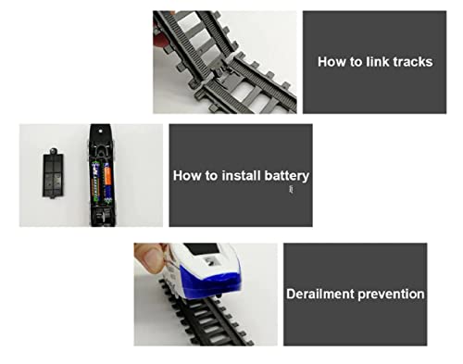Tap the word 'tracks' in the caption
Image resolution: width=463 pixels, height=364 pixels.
coord(413,62)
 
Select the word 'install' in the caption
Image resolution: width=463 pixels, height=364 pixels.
coord(241,175)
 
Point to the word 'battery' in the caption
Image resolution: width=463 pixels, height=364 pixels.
coord(287,176)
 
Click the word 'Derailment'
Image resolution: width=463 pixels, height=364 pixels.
coord(320,294)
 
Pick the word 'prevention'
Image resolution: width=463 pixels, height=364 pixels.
coord(391,295)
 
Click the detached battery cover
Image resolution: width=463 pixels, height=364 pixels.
coord(53,172)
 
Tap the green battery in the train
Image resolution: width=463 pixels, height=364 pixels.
coord(96,182)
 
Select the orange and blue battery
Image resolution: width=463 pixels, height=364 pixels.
coord(107,183)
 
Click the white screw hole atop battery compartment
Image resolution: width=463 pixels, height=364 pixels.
coord(100,131)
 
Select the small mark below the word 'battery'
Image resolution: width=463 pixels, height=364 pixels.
coord(291,190)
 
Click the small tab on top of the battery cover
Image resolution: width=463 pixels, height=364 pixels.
coord(54,151)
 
